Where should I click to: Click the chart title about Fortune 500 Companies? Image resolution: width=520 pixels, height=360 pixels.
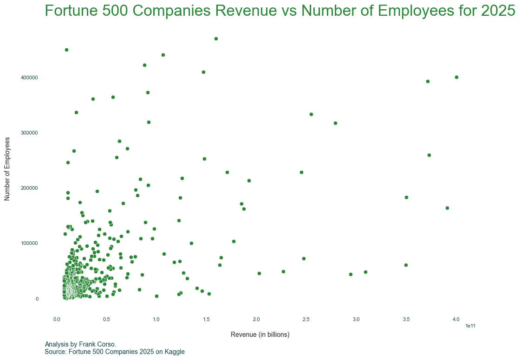pyautogui.click(x=280, y=11)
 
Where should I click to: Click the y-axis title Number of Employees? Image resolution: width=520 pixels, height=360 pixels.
pyautogui.click(x=7, y=169)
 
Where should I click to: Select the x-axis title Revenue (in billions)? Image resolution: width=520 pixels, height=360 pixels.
pyautogui.click(x=260, y=334)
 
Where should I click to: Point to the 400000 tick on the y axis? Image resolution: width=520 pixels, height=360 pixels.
pyautogui.click(x=29, y=77)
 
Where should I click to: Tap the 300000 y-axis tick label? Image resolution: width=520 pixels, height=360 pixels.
pyautogui.click(x=29, y=133)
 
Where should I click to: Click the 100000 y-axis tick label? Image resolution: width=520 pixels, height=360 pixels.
pyautogui.click(x=29, y=244)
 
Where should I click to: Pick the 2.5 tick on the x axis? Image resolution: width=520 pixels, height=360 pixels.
pyautogui.click(x=306, y=319)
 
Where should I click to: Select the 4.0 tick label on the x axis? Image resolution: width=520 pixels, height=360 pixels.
pyautogui.click(x=456, y=319)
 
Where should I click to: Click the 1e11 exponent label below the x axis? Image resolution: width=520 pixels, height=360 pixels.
pyautogui.click(x=470, y=326)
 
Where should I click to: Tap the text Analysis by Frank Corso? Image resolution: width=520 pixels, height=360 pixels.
pyautogui.click(x=80, y=344)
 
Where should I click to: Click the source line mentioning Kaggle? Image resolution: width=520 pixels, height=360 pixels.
pyautogui.click(x=115, y=352)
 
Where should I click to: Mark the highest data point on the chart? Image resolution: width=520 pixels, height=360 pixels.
pyautogui.click(x=216, y=39)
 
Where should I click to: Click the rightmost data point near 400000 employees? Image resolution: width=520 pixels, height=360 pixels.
pyautogui.click(x=456, y=77)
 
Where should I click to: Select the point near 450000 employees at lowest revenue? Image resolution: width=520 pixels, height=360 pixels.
pyautogui.click(x=66, y=50)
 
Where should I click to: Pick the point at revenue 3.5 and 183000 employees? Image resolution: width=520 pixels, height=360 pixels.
pyautogui.click(x=406, y=197)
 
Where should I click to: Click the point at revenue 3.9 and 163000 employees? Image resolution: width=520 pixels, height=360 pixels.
pyautogui.click(x=447, y=208)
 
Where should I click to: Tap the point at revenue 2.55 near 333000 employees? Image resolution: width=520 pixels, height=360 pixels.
pyautogui.click(x=311, y=114)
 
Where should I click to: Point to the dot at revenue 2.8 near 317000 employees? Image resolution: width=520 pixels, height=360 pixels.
pyautogui.click(x=335, y=123)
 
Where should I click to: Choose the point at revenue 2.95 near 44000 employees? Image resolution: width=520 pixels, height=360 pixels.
pyautogui.click(x=351, y=274)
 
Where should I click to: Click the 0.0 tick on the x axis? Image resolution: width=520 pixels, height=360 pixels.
pyautogui.click(x=57, y=319)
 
